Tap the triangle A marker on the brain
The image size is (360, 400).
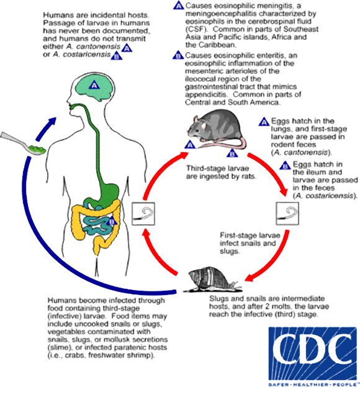(95, 84)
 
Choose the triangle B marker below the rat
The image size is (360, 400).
(232, 152)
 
